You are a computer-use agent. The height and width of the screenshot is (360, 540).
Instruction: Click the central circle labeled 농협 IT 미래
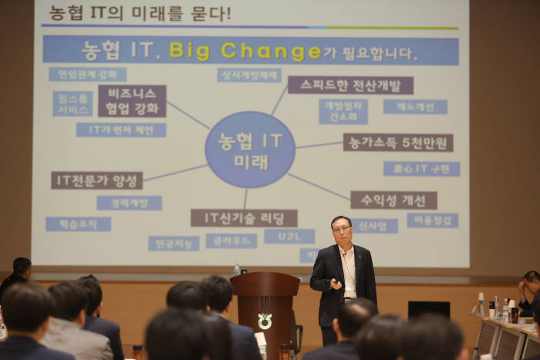[x=249, y=150]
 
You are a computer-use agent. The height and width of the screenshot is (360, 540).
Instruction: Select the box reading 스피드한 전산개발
[x=350, y=85]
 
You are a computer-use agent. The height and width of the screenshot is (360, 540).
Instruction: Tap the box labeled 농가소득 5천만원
[x=397, y=143]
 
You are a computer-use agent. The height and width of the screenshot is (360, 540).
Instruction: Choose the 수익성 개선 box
[x=393, y=200]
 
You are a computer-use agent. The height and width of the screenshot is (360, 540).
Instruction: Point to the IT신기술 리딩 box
[x=243, y=218]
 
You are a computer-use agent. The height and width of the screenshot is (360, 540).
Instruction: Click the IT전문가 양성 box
[x=96, y=180]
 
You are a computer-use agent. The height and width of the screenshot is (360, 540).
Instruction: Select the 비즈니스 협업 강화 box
[x=131, y=101]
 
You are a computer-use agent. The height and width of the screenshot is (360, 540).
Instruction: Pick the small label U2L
[x=289, y=236]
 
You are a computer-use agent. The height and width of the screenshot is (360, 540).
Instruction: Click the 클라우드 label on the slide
[x=231, y=241]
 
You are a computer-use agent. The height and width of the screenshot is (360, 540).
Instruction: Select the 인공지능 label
[x=174, y=244]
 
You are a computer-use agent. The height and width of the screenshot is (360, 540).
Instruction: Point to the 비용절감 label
[x=432, y=220]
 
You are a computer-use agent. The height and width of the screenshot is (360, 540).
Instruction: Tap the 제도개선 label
[x=415, y=107]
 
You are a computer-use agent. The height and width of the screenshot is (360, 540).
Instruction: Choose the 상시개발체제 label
[x=248, y=75]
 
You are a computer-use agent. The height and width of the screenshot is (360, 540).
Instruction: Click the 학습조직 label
[x=78, y=224]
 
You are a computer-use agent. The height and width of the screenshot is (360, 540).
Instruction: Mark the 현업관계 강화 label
[x=87, y=74]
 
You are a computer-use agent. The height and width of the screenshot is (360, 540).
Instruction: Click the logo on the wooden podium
[x=265, y=320]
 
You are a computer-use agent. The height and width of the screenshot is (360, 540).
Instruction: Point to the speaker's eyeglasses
[x=342, y=229]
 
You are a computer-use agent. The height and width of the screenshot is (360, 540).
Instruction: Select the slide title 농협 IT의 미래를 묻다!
[x=140, y=13]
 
